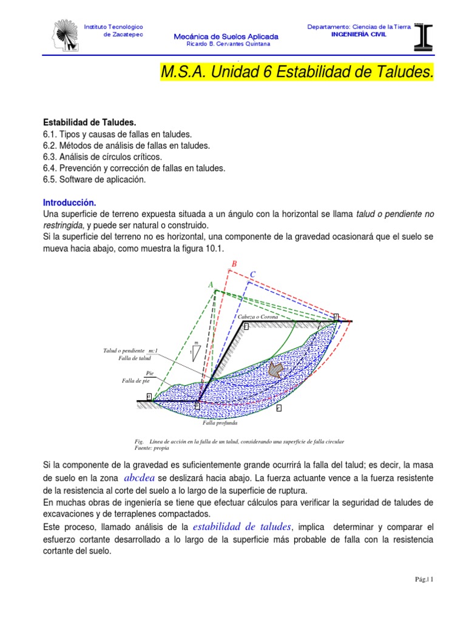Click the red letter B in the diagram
point(234,264)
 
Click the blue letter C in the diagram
point(253,275)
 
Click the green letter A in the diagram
point(211,284)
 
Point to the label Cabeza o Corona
point(262,317)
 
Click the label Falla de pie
point(135,381)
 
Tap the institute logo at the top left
point(67,36)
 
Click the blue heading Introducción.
point(69,202)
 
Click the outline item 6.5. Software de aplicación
point(94,180)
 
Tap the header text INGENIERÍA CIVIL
point(358,34)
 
